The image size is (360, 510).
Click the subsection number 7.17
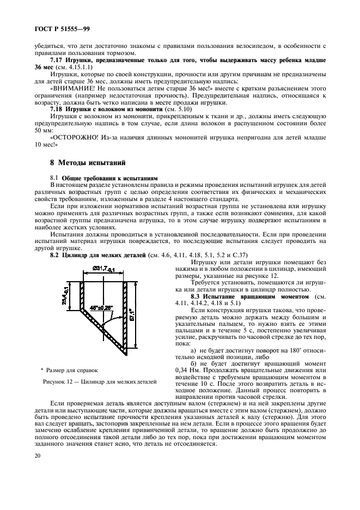(x=58, y=59)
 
